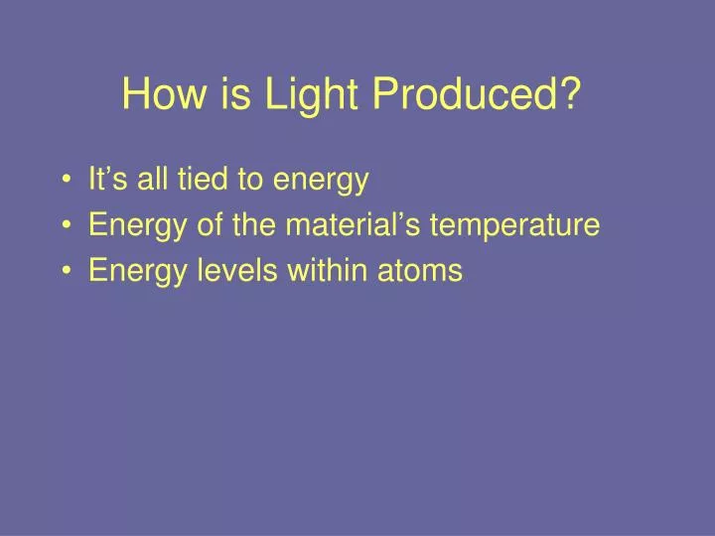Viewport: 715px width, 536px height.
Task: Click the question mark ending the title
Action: click(570, 95)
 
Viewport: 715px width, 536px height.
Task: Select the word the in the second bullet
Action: click(253, 225)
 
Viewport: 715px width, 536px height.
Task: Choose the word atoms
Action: click(420, 271)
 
